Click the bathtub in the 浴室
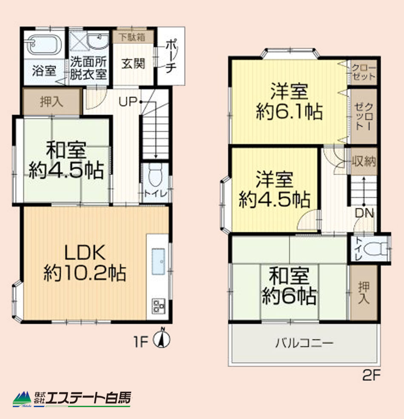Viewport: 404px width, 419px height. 44,45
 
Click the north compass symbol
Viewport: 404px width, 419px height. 162,338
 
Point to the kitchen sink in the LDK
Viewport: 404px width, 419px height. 158,262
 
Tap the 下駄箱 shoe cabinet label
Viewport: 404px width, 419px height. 133,37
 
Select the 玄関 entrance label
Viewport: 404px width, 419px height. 133,64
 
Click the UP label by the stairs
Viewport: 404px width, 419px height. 128,102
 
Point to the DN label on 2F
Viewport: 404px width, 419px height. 364,213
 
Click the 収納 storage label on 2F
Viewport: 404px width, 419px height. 364,161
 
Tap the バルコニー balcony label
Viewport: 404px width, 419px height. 304,343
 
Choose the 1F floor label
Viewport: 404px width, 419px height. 141,342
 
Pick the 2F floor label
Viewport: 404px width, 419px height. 371,375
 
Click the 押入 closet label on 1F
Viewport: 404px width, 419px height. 51,102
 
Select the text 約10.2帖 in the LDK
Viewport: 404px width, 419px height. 85,273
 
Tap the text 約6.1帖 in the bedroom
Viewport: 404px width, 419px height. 289,112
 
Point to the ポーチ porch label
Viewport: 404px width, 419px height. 171,57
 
